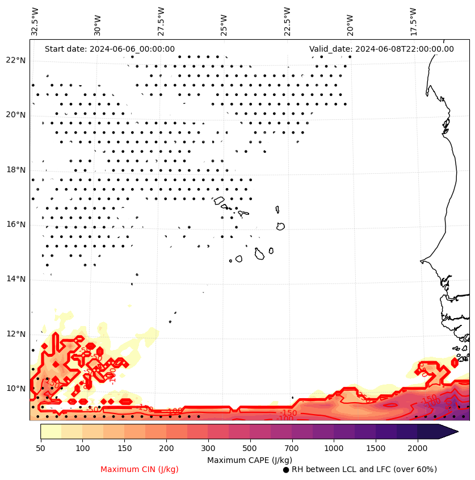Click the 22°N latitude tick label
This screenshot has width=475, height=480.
[16, 60]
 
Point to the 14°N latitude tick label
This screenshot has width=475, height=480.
[16, 279]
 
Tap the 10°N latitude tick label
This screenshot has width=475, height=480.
[16, 389]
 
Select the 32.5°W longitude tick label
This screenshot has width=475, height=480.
[35, 22]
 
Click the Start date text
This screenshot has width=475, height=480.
[110, 49]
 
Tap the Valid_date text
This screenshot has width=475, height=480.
[381, 49]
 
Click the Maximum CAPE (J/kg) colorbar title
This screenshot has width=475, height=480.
[250, 460]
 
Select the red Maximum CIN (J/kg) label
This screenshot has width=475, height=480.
[140, 469]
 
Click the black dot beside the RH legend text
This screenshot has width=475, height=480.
[286, 470]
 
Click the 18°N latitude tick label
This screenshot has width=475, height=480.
[16, 170]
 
